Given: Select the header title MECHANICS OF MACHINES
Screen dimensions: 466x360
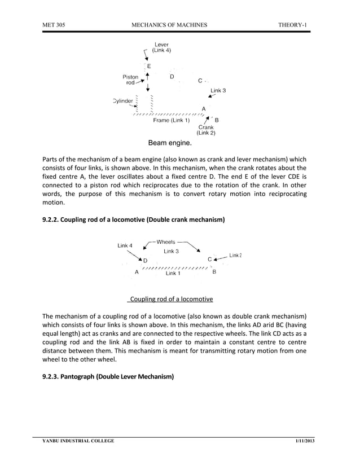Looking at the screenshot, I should [169, 25].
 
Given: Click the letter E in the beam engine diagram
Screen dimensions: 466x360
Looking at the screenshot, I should [149, 67].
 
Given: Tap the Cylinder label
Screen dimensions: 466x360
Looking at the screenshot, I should [122, 101].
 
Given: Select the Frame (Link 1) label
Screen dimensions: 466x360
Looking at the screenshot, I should [171, 120].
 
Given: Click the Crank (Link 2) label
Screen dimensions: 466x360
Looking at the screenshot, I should [206, 130].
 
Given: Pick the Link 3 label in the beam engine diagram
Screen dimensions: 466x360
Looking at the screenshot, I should [218, 90].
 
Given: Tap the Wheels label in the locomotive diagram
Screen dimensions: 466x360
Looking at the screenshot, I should [166, 241].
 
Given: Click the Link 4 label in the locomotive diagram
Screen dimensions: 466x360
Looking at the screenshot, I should [125, 245].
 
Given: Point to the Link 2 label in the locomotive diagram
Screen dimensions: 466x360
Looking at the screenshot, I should [235, 256].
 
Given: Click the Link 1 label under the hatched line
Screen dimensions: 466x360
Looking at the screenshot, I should [173, 274].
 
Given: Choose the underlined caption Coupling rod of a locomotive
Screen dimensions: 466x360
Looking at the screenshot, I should [171, 298].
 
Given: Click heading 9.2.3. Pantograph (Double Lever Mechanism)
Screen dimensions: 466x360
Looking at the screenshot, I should [108, 376].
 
